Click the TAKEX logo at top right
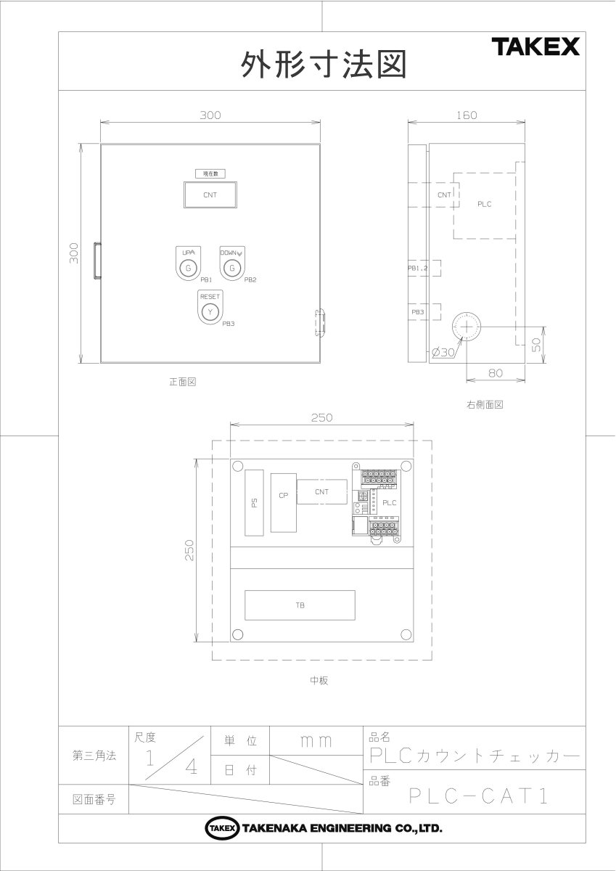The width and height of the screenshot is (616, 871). coord(536,48)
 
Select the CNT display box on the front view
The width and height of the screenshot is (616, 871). coord(210,195)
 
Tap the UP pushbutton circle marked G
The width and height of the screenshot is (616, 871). coord(188,269)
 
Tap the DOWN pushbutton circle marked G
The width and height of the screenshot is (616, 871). coord(231,269)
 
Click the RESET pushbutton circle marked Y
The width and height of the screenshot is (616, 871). coord(210,311)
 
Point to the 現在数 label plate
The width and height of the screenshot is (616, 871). coord(210,173)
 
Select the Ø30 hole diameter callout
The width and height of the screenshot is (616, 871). coord(442,352)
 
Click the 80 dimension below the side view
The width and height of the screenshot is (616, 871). coord(496,373)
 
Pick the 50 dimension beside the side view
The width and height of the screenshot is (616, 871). coord(537,344)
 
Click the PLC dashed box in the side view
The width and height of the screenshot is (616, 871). coord(484,205)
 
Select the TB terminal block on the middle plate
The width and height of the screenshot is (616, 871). coord(300,605)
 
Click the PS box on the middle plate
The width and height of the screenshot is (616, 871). coord(254,502)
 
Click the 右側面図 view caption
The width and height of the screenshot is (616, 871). coord(485,404)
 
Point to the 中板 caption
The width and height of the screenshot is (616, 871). coord(320,681)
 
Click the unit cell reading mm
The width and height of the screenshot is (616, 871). coord(316,741)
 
